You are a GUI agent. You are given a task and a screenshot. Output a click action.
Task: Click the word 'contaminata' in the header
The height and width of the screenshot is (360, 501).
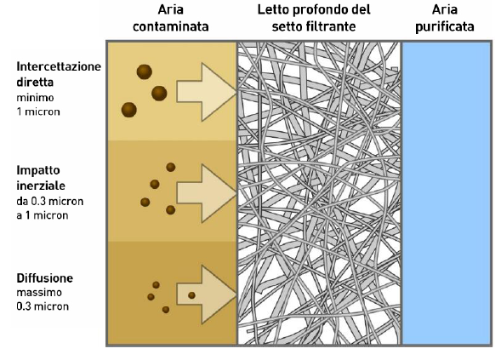click(x=171, y=26)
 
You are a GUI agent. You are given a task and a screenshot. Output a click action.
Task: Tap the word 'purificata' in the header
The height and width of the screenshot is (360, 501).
click(x=445, y=27)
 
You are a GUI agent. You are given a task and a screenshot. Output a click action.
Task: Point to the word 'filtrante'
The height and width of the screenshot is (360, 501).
click(x=332, y=26)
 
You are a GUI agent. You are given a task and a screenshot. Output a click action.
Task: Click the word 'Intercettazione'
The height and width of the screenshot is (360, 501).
click(x=59, y=67)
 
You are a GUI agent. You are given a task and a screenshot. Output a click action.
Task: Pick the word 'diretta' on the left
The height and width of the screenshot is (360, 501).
click(x=35, y=83)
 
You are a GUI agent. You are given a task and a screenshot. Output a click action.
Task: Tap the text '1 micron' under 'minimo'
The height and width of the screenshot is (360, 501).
click(x=38, y=111)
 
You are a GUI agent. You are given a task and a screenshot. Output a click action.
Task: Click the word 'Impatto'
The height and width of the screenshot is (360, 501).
click(x=38, y=171)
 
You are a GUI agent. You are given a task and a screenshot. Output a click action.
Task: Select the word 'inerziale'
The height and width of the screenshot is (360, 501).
click(x=41, y=186)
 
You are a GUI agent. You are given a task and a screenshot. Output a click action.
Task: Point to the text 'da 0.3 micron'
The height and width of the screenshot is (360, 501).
click(x=50, y=202)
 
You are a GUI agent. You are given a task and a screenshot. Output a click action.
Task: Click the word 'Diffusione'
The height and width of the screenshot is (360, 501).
click(x=45, y=278)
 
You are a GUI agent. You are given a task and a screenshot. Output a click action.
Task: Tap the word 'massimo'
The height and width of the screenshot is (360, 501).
click(x=39, y=293)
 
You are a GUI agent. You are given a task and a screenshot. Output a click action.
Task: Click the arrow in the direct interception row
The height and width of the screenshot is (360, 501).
click(x=207, y=93)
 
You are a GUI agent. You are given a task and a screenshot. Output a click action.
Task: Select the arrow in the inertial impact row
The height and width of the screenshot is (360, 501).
click(x=207, y=193)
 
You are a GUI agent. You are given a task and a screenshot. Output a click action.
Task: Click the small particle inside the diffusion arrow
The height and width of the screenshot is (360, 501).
click(x=191, y=295)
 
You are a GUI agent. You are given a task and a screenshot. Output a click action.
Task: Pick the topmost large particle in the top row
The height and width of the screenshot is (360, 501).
click(x=144, y=71)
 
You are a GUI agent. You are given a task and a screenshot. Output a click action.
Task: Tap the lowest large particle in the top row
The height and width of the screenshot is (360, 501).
click(x=129, y=110)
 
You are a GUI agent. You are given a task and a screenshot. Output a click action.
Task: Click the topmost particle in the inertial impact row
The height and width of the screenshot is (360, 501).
click(x=171, y=167)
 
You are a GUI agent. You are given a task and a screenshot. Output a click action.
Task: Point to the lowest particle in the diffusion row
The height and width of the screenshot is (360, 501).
click(x=166, y=310)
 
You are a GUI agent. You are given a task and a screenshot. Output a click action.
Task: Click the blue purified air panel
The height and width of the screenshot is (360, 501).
click(x=447, y=193)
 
